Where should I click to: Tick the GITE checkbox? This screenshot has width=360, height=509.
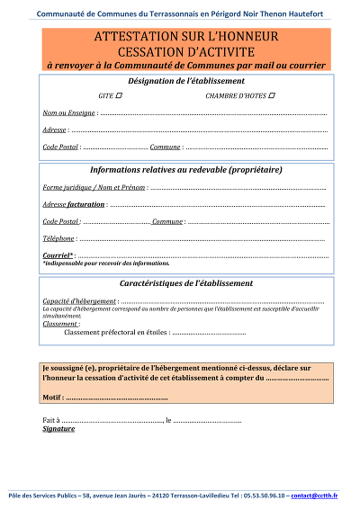[x=120, y=95]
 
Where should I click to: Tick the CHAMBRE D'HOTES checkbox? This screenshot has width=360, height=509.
[x=272, y=95]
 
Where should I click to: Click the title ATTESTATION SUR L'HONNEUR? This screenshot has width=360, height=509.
[x=185, y=37]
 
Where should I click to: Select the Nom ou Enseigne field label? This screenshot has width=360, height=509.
[x=68, y=113]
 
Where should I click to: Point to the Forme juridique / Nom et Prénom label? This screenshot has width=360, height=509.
[x=94, y=187]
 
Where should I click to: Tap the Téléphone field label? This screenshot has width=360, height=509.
[x=58, y=238]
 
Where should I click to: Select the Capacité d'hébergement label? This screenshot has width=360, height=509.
[x=79, y=300]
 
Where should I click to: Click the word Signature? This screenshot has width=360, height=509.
[x=59, y=429]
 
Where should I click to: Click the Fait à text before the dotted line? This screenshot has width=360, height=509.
[x=51, y=420]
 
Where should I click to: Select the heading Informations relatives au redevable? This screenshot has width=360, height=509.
[x=186, y=169]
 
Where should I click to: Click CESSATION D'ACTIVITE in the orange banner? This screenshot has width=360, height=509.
[x=185, y=51]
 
